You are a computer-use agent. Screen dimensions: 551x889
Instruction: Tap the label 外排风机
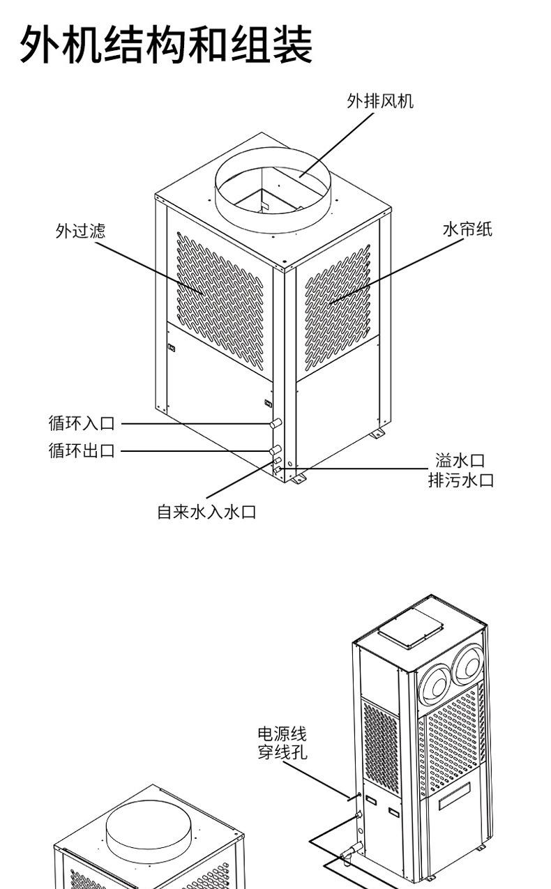coord(380,102)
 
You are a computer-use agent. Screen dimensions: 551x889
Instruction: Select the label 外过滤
coord(80,231)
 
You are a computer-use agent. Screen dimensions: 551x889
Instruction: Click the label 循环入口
coord(81,423)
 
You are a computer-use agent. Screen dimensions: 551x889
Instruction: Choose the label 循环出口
coord(81,451)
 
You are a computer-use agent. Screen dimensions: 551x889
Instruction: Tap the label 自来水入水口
coord(206,513)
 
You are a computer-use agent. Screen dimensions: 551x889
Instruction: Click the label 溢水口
coord(460,460)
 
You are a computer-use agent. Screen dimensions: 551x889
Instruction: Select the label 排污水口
coord(460,480)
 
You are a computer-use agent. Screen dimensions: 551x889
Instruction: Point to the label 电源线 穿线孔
coord(282,743)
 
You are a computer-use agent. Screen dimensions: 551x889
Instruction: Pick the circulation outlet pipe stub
coord(275,450)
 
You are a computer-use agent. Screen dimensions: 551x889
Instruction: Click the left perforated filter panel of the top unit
coord(220,296)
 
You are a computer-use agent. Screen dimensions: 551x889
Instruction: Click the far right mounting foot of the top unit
coord(377,434)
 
